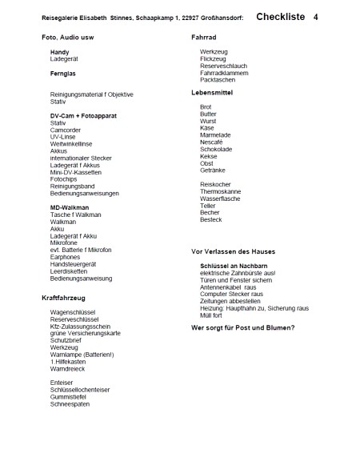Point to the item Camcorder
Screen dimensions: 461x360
pyautogui.click(x=66, y=130)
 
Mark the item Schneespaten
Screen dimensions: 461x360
pyautogui.click(x=70, y=403)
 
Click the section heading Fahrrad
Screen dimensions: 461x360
pyautogui.click(x=206, y=38)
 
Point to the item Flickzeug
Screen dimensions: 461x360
pyautogui.click(x=214, y=59)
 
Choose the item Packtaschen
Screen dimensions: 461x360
pyautogui.click(x=218, y=80)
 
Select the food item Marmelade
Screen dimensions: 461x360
pyautogui.click(x=216, y=135)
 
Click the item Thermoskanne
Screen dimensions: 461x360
pyautogui.click(x=221, y=191)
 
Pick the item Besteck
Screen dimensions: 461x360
pyautogui.click(x=211, y=219)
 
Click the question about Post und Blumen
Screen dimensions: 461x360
pyautogui.click(x=243, y=328)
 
